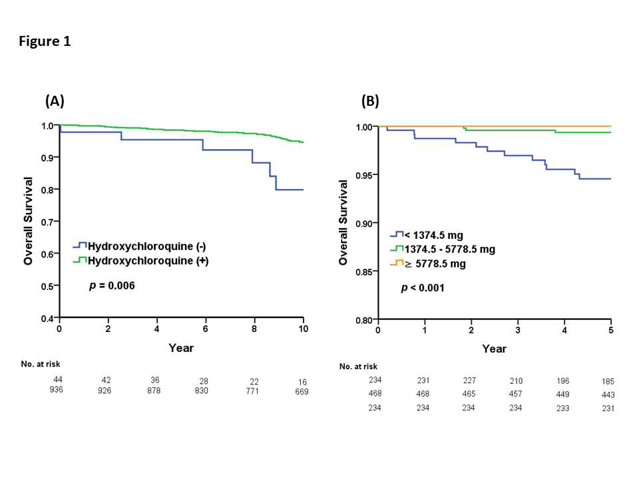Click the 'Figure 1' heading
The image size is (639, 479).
pos(44,41)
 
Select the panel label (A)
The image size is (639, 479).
pos(55,101)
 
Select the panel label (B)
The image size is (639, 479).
pos(370,101)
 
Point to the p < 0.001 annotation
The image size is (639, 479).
pos(423,288)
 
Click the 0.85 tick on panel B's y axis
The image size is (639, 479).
pos(363,271)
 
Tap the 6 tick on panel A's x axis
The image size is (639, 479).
pos(205,329)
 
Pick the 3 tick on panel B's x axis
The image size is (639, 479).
pos(518,331)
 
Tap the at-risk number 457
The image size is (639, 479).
pos(516,395)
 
